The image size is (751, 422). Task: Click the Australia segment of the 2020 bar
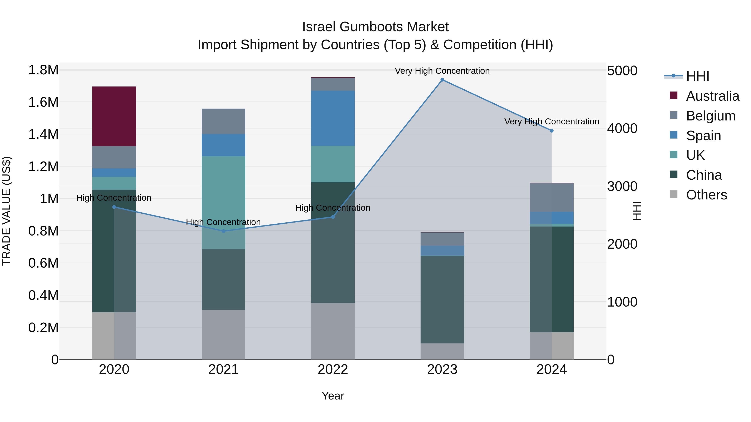click(x=114, y=116)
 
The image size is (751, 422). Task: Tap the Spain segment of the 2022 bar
click(x=333, y=118)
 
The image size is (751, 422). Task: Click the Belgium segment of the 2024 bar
click(x=551, y=198)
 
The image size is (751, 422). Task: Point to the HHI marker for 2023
click(x=442, y=80)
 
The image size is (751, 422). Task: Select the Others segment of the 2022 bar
click(x=333, y=331)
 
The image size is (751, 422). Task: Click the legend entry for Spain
click(x=703, y=136)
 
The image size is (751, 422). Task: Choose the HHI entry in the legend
click(x=697, y=76)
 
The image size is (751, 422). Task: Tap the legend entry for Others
click(x=706, y=195)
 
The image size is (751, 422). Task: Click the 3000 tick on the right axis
click(x=622, y=186)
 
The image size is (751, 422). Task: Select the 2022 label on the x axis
click(x=333, y=369)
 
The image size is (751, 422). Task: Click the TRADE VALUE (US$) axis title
click(x=7, y=211)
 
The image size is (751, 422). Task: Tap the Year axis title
click(x=333, y=396)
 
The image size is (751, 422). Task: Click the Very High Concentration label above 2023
click(x=442, y=71)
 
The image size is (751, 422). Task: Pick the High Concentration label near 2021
click(x=223, y=222)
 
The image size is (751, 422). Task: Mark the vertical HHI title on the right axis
click(x=637, y=211)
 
